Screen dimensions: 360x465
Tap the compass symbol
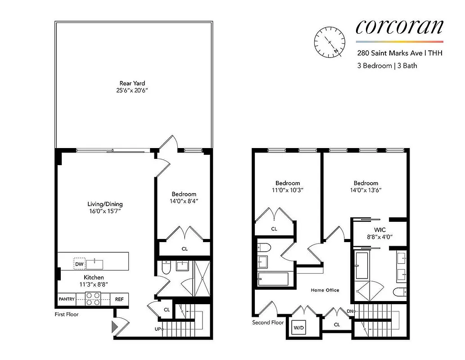click(330, 42)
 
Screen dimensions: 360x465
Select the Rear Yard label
click(132, 83)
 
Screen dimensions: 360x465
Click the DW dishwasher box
click(79, 264)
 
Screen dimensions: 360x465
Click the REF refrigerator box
click(119, 299)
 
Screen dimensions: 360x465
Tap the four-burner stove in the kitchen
click(93, 299)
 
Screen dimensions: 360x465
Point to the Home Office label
click(325, 290)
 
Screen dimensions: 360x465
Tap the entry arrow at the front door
click(114, 325)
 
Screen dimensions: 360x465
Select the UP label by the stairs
click(158, 329)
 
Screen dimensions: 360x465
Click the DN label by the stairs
click(350, 311)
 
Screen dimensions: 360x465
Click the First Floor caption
click(67, 314)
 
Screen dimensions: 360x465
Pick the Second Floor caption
click(268, 323)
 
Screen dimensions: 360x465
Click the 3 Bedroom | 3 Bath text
click(387, 66)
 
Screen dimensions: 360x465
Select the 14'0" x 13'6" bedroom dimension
click(366, 190)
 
